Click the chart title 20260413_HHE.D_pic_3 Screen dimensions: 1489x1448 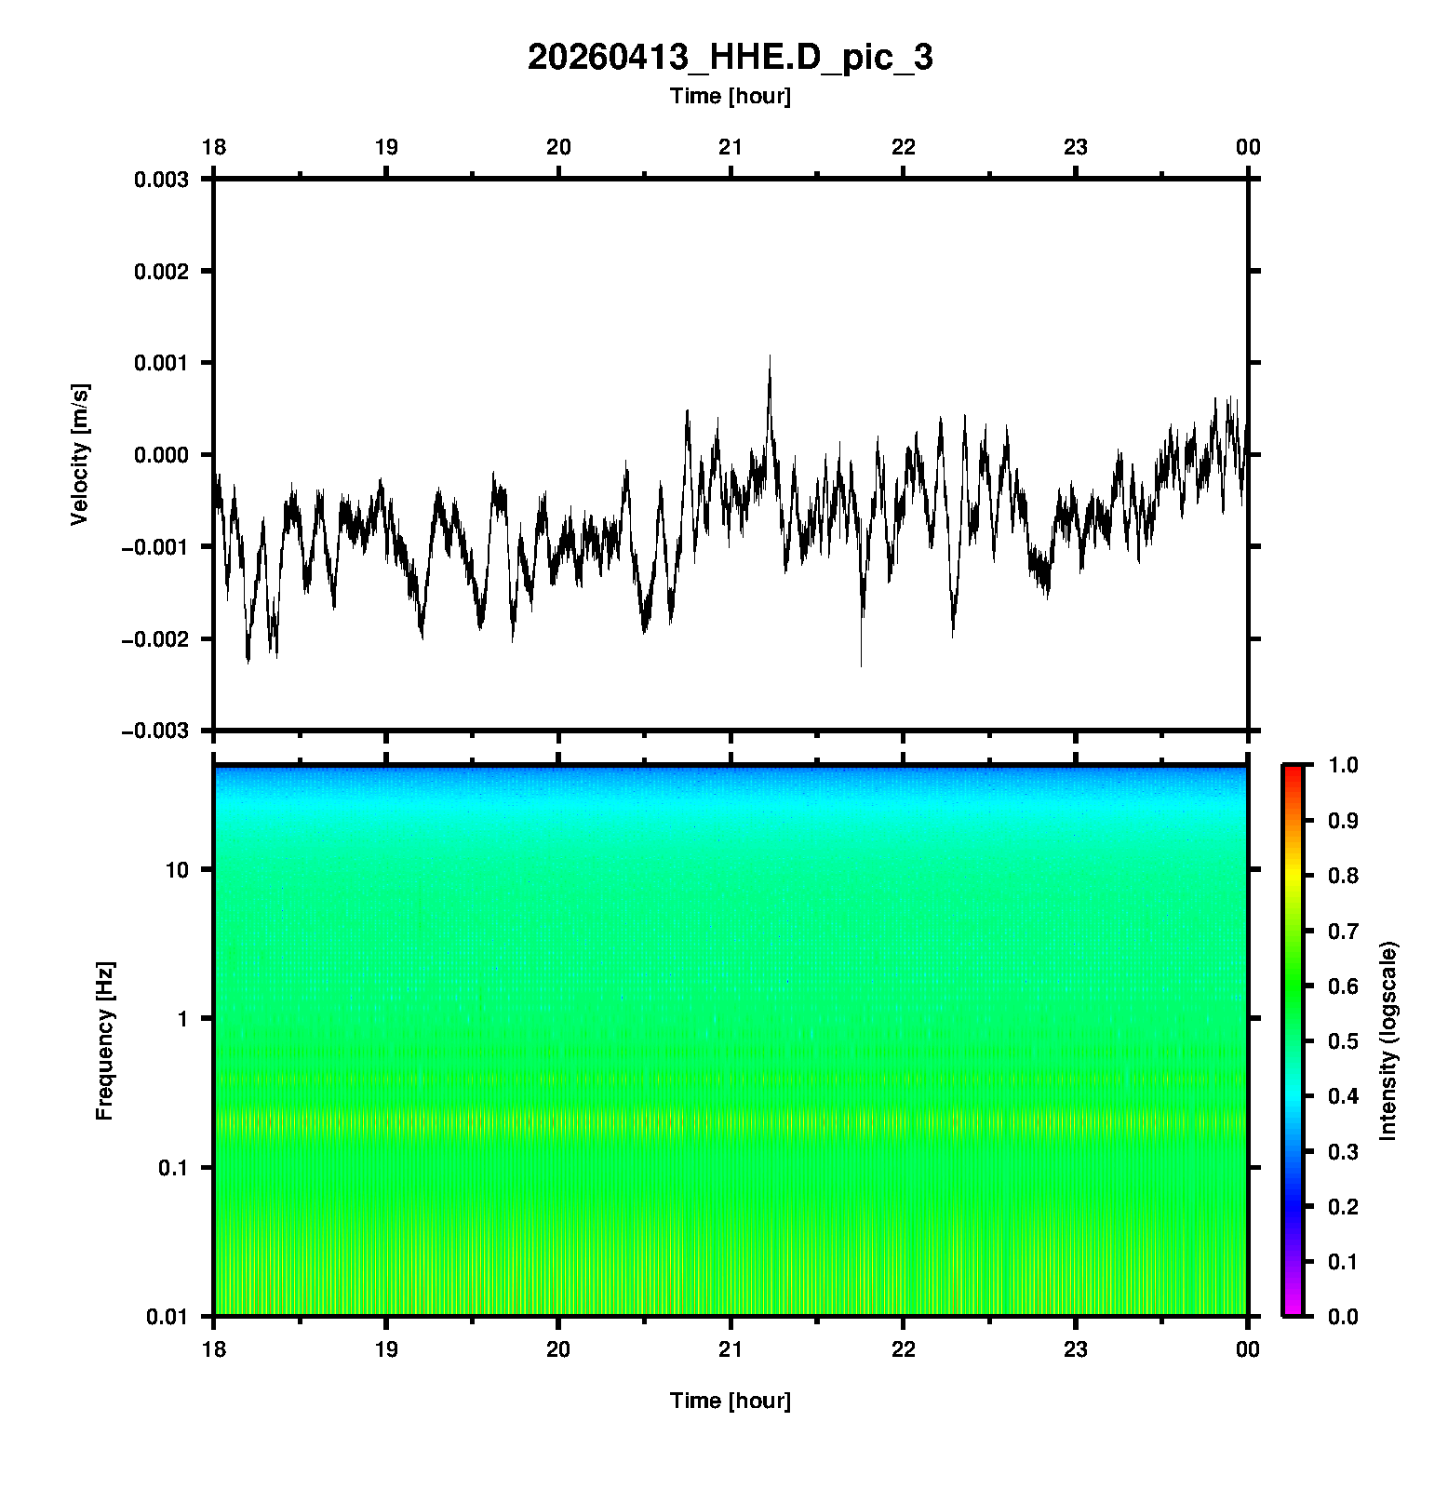point(730,58)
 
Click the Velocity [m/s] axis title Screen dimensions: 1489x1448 point(80,454)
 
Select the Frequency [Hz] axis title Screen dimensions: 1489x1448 point(104,1041)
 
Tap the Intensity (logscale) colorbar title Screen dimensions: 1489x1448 point(1388,1041)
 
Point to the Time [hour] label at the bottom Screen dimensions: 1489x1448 point(730,1401)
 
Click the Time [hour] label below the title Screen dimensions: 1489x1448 point(730,96)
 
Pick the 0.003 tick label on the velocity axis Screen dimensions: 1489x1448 point(161,180)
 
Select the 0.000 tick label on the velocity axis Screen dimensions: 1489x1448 point(161,455)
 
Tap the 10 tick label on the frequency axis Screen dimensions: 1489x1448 point(176,870)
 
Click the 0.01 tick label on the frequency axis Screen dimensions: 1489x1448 point(168,1317)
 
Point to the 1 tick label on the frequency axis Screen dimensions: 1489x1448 point(181,1019)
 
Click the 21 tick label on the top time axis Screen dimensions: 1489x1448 point(731,147)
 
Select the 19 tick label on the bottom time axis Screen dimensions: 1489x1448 point(386,1349)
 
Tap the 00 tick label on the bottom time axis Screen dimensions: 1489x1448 point(1247,1349)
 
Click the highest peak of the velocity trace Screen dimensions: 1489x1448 point(770,356)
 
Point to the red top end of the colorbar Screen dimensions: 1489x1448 point(1293,769)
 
